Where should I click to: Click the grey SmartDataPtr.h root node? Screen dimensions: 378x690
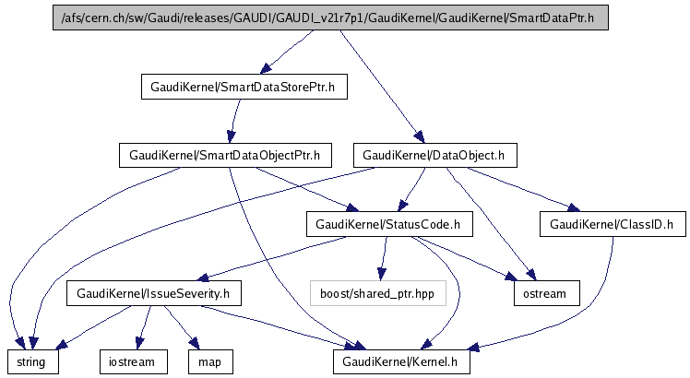[332, 18]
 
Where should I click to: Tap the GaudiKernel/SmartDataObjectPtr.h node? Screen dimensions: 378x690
[225, 155]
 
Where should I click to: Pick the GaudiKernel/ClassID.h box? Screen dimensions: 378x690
[612, 224]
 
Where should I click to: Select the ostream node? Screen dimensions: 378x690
[546, 294]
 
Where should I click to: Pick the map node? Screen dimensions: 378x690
[209, 362]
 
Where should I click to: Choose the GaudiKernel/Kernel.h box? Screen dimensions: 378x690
[401, 362]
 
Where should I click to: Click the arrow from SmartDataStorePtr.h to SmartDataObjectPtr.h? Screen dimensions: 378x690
[232, 121]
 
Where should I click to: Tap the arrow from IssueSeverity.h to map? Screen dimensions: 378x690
[184, 328]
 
